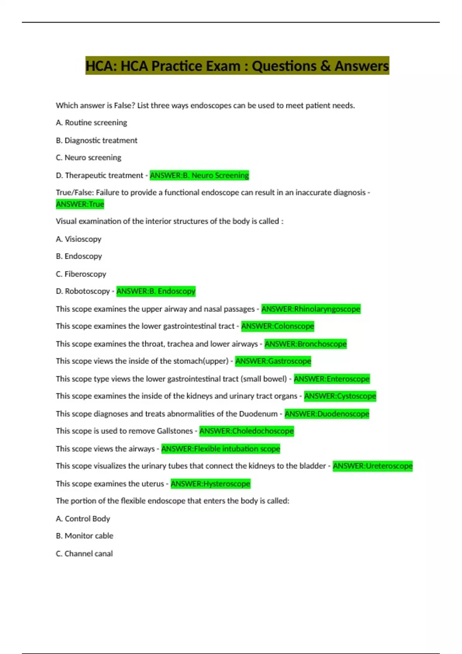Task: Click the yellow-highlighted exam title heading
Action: coord(237,66)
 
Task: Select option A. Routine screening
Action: coord(91,123)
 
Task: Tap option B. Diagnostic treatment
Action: coord(96,140)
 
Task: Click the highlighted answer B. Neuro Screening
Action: coord(199,175)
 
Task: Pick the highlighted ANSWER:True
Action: coord(80,204)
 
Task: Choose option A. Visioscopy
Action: coord(79,239)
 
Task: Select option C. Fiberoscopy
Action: coord(81,274)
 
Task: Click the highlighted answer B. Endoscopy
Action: coord(156,291)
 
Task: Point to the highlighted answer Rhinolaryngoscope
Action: coord(311,309)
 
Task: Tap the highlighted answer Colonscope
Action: coord(278,326)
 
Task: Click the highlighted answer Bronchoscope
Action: coord(305,344)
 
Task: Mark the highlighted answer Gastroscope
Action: coord(273,361)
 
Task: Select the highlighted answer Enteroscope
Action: coord(331,379)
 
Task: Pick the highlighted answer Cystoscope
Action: coord(340,396)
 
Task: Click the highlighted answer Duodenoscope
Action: coord(326,414)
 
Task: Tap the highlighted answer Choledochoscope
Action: coord(246,431)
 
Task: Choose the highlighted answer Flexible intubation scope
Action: coord(221,449)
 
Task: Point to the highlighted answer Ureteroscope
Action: coord(372,466)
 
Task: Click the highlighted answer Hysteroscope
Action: coord(210,484)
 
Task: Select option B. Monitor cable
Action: coord(85,536)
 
